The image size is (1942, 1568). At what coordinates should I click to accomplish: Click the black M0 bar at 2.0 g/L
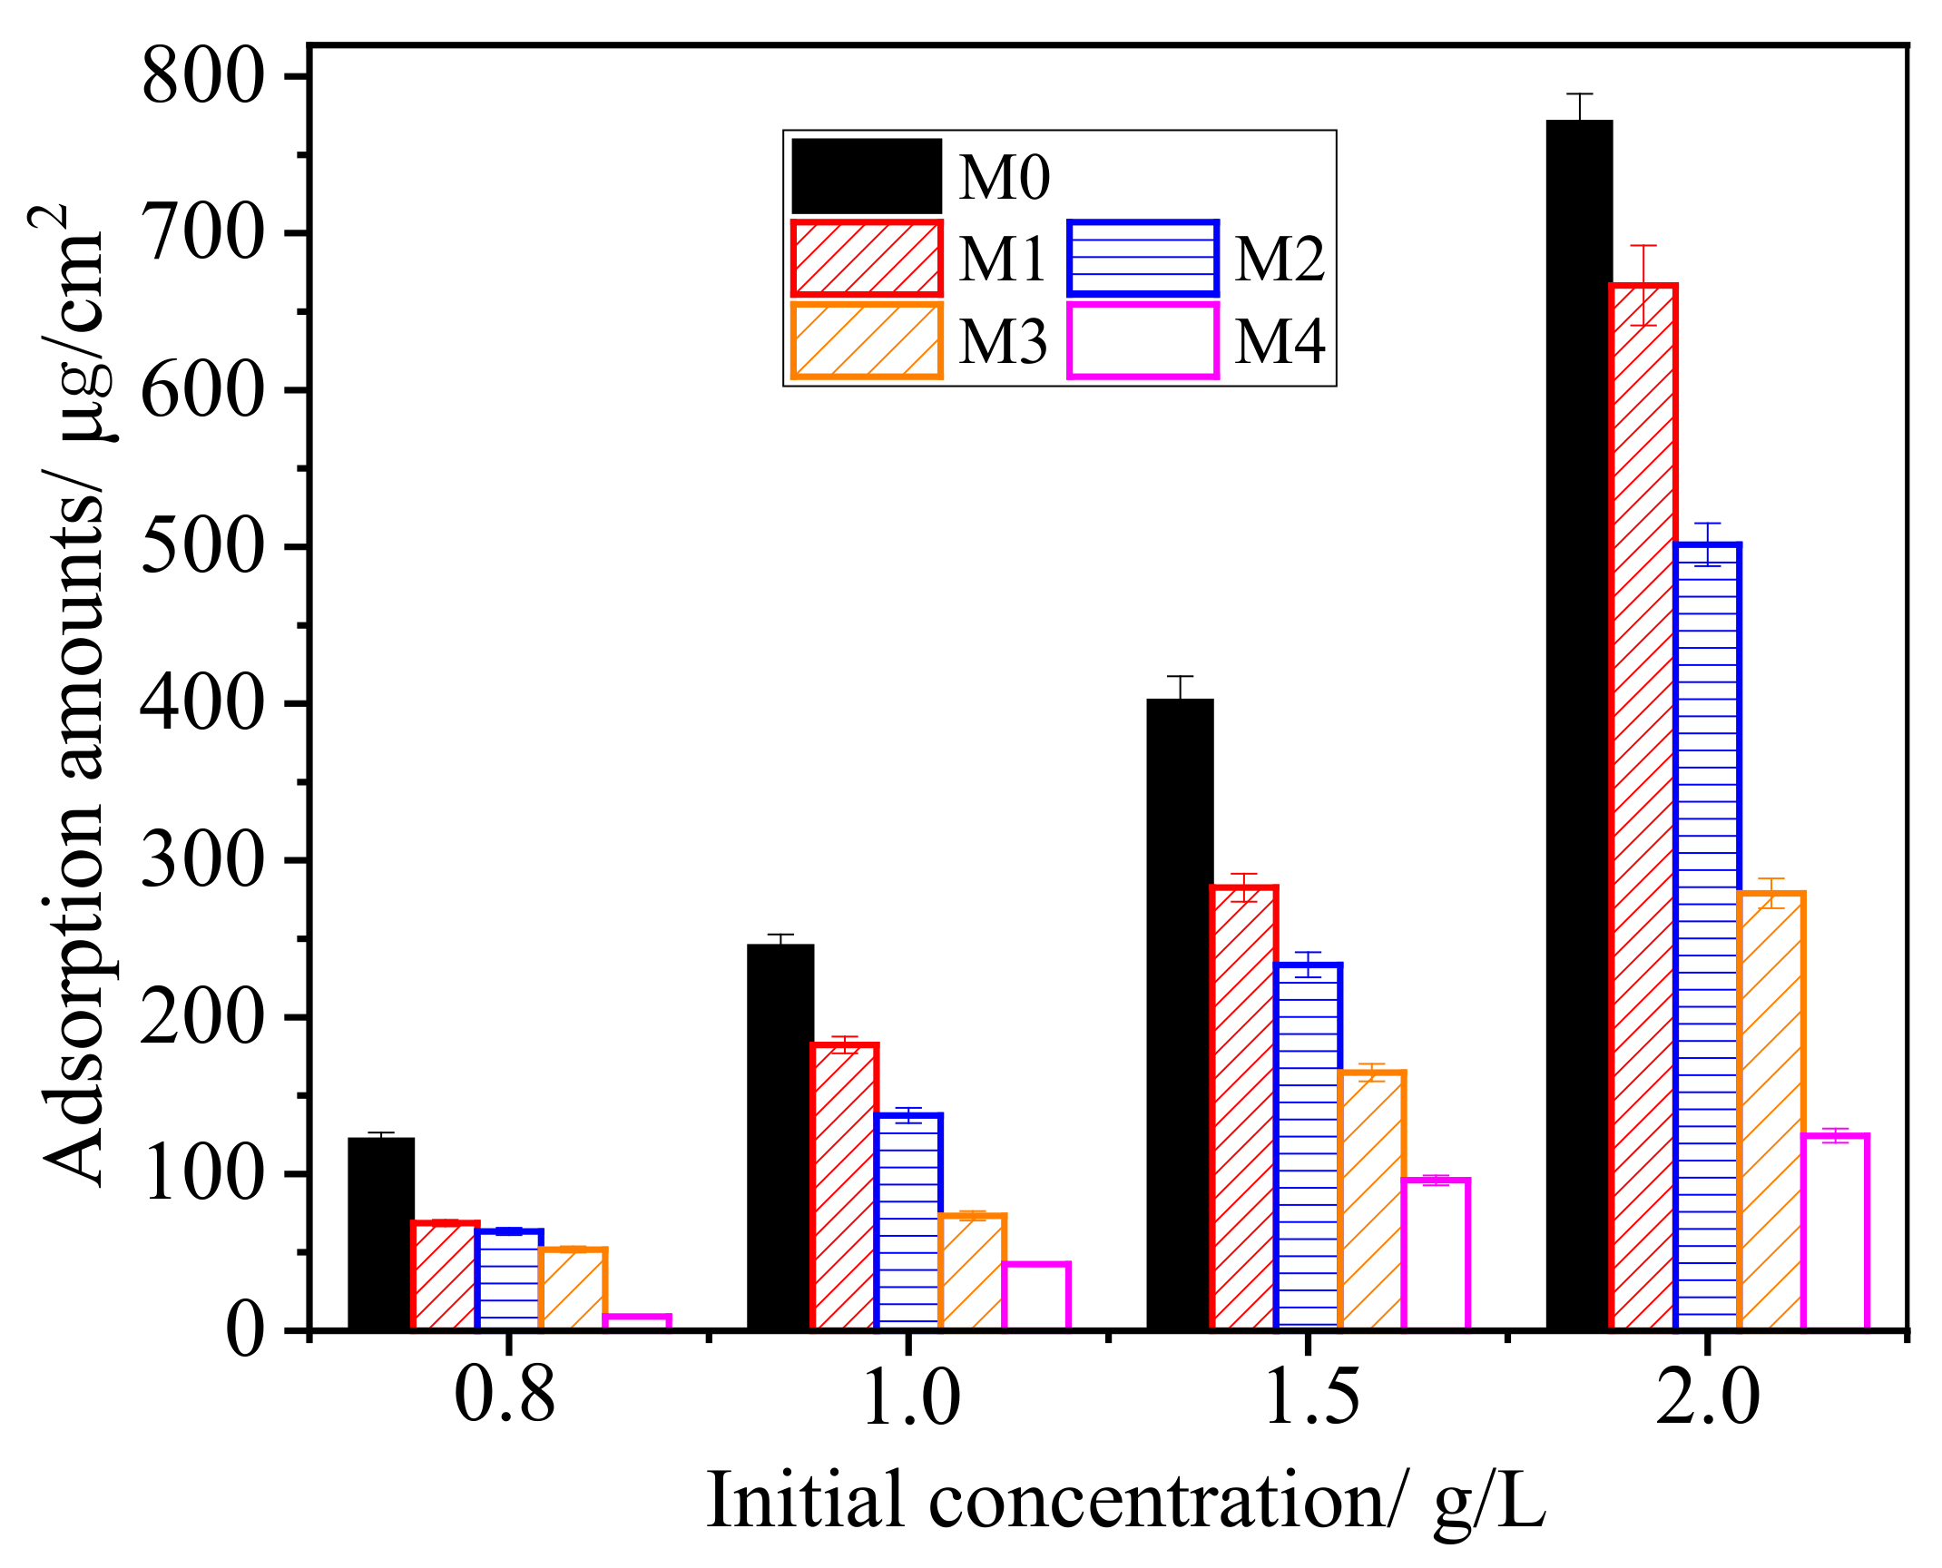coord(1580,726)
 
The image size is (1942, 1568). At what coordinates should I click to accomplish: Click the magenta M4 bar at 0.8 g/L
coord(637,1323)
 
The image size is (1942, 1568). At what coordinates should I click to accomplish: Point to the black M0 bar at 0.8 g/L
coord(381,1234)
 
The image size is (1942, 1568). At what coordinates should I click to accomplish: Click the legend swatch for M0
coord(867,176)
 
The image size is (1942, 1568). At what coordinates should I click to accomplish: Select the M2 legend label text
coord(1280,260)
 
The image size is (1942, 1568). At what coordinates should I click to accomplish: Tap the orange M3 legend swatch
coord(867,341)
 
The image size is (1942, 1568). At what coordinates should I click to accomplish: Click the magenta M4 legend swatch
coord(1143,341)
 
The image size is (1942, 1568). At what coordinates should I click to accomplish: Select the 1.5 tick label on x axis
coord(1310,1398)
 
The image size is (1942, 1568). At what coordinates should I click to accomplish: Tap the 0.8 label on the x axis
coord(505,1398)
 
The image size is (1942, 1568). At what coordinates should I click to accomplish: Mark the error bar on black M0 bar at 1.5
coord(1180,688)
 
